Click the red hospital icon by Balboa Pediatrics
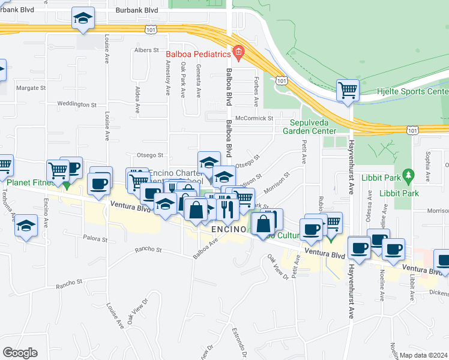[x=239, y=54]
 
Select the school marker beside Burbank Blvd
[x=83, y=18]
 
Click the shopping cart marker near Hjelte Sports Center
[x=348, y=91]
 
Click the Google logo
[x=20, y=353]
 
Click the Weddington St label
[x=77, y=104]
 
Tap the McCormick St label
[x=254, y=118]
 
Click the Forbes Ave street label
[x=256, y=86]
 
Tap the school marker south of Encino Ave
[x=25, y=226]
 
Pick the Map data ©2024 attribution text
[x=424, y=355]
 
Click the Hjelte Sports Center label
[x=420, y=92]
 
